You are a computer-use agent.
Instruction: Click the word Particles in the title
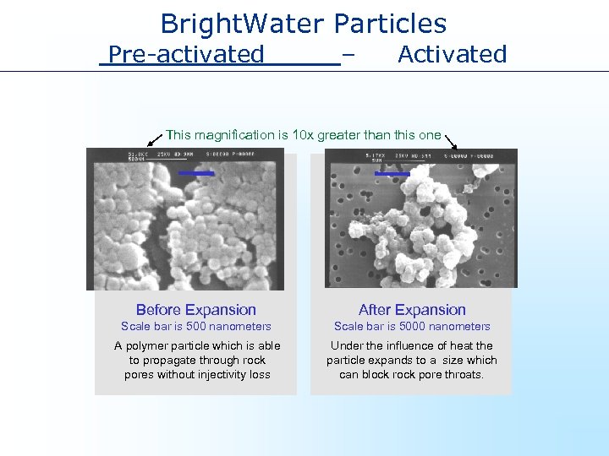[x=390, y=24]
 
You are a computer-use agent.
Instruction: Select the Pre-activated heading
[x=187, y=55]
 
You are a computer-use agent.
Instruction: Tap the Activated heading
[x=452, y=55]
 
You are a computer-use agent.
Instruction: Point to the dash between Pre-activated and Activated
[x=348, y=55]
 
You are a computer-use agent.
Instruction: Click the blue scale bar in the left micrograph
[x=196, y=173]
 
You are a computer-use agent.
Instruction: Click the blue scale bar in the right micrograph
[x=392, y=174]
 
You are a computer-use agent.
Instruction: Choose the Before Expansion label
[x=195, y=310]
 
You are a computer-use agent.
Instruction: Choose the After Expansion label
[x=412, y=310]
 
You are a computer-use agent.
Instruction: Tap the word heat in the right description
[x=462, y=346]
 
